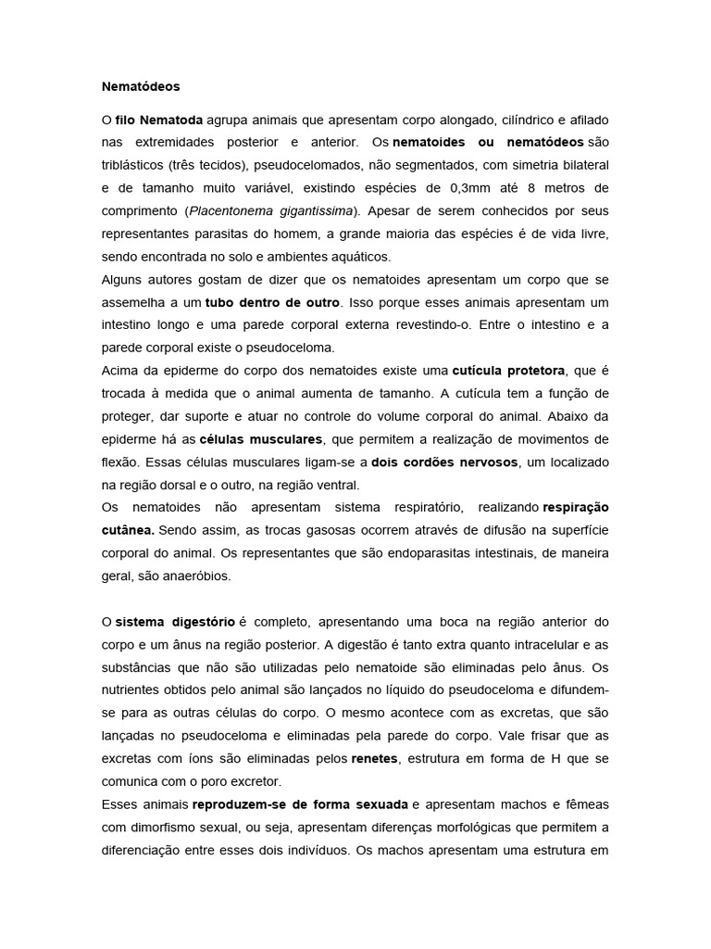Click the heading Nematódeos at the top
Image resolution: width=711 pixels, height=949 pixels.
(141, 86)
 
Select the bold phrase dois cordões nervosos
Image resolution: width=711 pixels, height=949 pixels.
(439, 462)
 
